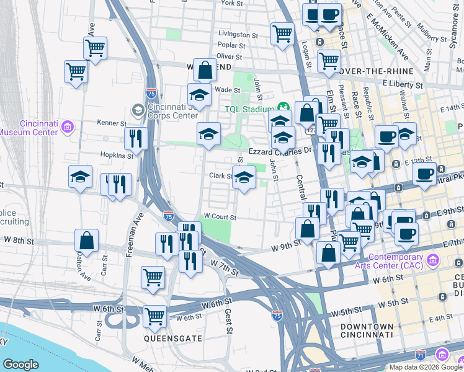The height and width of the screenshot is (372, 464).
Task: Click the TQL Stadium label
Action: (249, 110)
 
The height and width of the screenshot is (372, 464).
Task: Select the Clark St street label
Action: (220, 175)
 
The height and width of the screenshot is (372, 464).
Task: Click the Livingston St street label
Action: (238, 35)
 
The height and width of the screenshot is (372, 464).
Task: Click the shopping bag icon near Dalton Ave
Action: (87, 241)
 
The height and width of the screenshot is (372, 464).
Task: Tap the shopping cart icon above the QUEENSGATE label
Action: (154, 316)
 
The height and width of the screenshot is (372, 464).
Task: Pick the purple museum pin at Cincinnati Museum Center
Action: (68, 128)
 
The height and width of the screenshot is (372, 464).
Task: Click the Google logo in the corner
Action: (20, 365)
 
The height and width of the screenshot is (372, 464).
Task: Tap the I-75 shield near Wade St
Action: (151, 93)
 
